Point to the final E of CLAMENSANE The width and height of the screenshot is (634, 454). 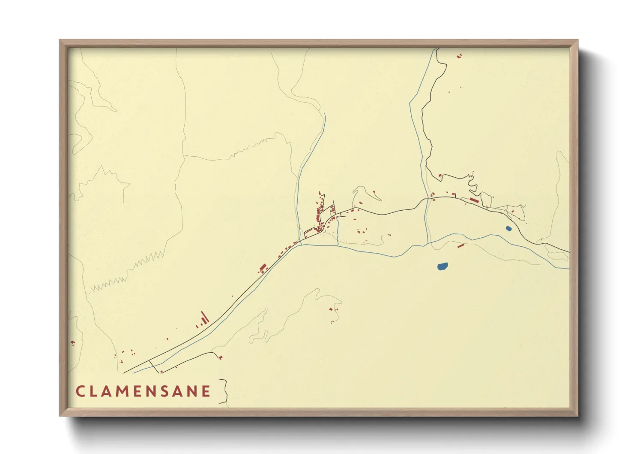click(x=206, y=391)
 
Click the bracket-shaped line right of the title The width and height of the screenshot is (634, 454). click(x=223, y=391)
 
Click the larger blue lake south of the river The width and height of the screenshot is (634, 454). click(x=443, y=266)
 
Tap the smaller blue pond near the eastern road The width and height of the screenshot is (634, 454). click(x=508, y=229)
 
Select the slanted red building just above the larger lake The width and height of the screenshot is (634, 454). click(x=461, y=246)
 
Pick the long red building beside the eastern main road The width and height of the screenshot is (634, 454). click(x=474, y=200)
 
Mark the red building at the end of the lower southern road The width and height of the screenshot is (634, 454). click(x=221, y=357)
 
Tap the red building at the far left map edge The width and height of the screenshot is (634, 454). click(x=73, y=342)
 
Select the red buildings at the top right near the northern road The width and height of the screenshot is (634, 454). click(x=460, y=55)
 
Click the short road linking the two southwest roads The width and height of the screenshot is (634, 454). click(x=153, y=366)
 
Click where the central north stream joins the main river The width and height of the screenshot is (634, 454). click(x=301, y=245)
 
